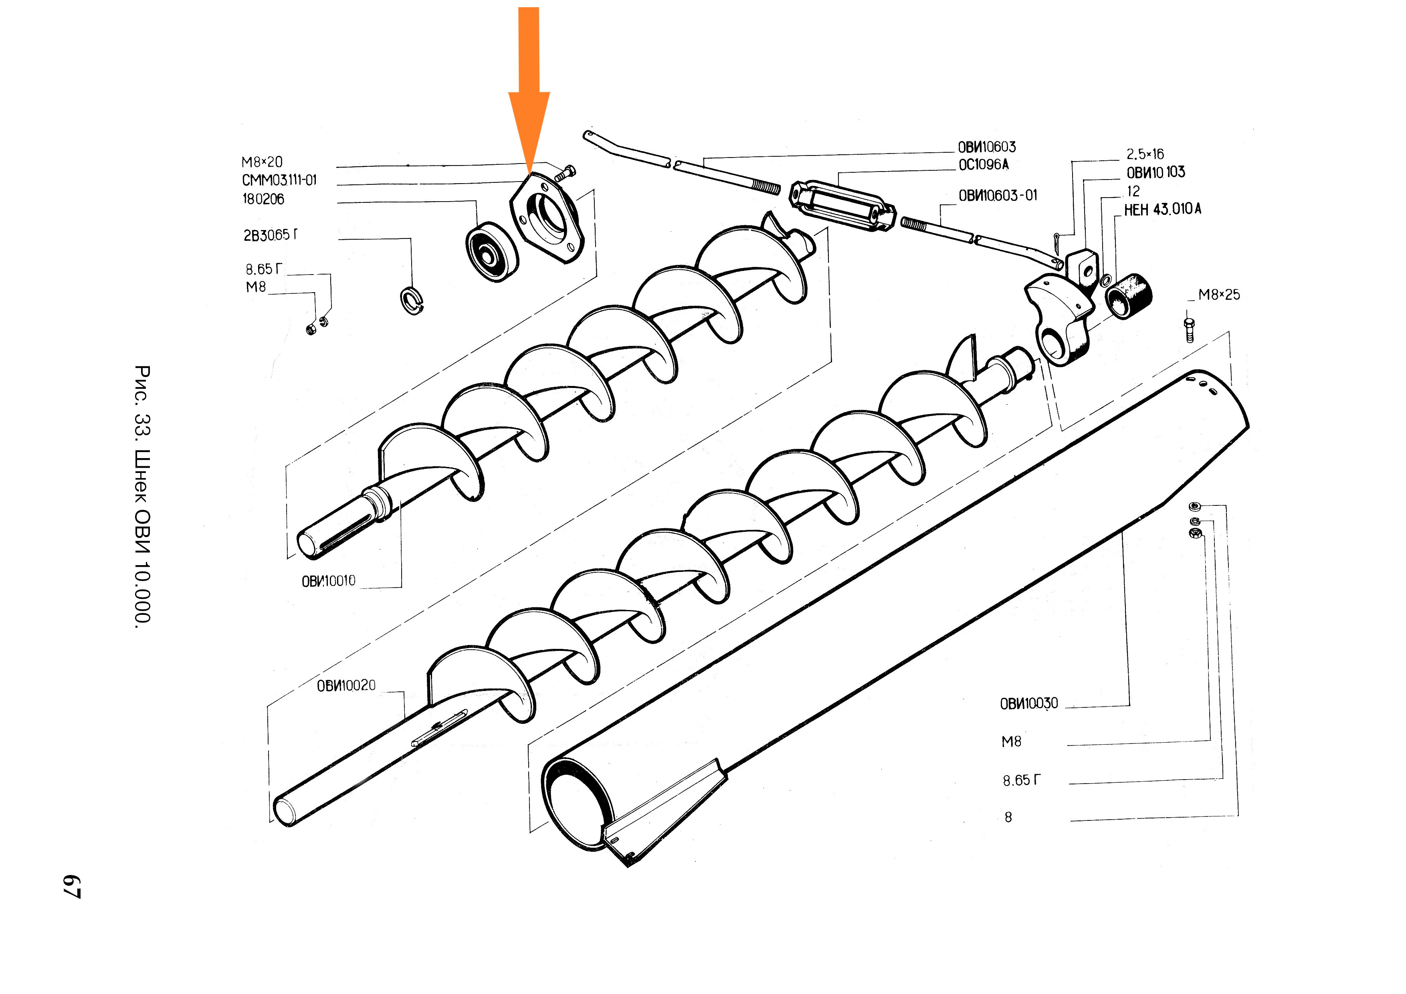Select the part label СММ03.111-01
pos(279,180)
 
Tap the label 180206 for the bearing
pos(263,199)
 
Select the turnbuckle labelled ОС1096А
pos(842,205)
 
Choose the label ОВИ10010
pos(328,581)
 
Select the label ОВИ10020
pos(346,685)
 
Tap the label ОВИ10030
pos(1029,704)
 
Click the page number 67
pos(72,886)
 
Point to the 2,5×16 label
pos(1145,154)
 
